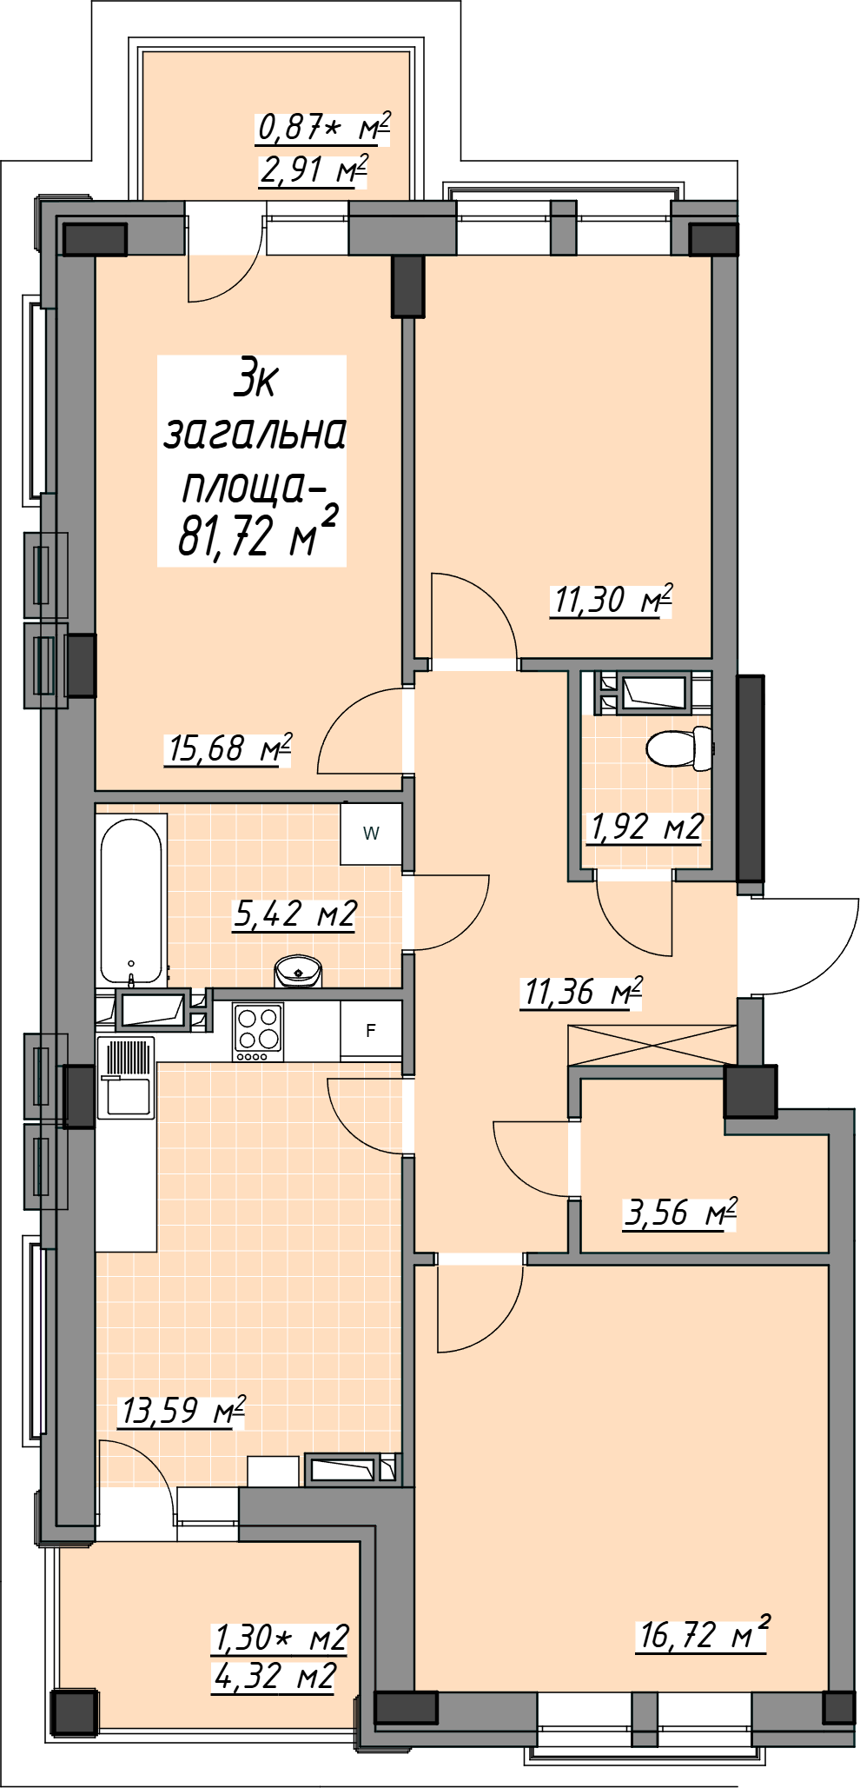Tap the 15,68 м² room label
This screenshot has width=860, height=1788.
click(228, 748)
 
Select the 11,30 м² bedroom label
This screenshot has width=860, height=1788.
click(612, 600)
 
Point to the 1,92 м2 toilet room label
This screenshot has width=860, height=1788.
click(645, 827)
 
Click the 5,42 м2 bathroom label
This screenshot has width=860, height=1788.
click(295, 914)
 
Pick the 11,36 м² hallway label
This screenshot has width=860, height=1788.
click(582, 991)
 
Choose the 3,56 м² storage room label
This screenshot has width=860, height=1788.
click(680, 1213)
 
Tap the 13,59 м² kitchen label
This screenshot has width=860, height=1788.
click(182, 1410)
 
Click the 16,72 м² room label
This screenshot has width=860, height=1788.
click(703, 1634)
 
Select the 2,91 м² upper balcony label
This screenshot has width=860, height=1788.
click(314, 169)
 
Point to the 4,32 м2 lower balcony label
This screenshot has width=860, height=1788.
click(275, 1676)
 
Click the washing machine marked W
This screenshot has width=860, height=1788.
click(371, 834)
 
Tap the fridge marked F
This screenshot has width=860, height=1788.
click(371, 1031)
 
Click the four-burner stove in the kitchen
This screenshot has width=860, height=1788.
click(258, 1032)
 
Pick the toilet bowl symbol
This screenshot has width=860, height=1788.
click(680, 748)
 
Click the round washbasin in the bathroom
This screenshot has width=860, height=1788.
click(298, 970)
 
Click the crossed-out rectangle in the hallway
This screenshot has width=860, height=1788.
click(652, 1046)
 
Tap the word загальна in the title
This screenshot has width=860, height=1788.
click(255, 433)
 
